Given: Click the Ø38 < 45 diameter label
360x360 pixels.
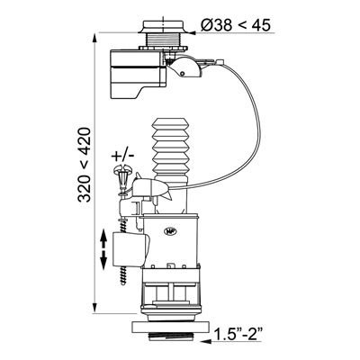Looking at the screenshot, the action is pos(236,25).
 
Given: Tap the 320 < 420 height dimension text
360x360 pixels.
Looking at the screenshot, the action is pos(84,165).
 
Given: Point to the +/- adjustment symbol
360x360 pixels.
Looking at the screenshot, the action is pos(122,156).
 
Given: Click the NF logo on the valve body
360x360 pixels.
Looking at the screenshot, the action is pos(167,231).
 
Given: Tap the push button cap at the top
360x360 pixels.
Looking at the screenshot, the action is pos(163,26).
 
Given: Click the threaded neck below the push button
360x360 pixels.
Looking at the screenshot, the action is pos(163,40).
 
